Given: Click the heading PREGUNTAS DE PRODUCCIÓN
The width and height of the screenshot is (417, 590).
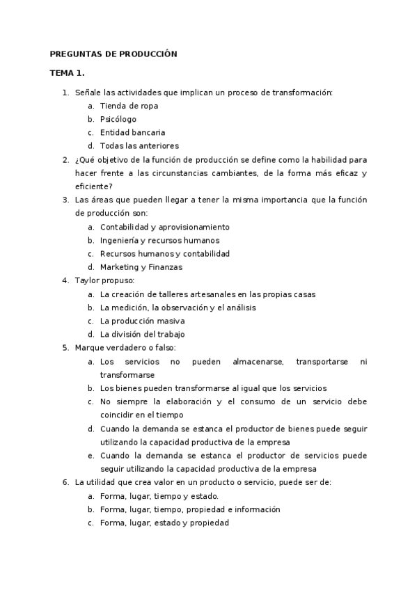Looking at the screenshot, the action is tap(113, 54).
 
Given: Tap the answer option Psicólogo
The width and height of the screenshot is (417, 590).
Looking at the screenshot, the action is tap(118, 119).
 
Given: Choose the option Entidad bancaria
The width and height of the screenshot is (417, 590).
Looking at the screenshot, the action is tap(132, 132).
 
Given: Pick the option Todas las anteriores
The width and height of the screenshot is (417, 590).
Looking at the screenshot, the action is tap(139, 146).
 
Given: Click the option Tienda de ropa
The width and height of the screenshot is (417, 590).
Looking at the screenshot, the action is tap(129, 106).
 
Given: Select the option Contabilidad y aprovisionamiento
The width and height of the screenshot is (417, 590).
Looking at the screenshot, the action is tap(164, 227).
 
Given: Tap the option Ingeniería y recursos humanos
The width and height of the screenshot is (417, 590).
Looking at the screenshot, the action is tap(159, 240).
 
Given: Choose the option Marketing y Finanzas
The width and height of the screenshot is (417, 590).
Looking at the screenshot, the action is tap(141, 267).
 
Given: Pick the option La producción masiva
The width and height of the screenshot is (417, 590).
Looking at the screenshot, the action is tap(143, 321).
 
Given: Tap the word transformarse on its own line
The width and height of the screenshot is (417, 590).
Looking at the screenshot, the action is tap(127, 374).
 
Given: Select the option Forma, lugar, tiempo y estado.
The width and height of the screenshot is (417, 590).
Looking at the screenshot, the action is tap(159, 496).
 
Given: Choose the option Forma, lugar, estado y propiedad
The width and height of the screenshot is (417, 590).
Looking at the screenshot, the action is tap(164, 523).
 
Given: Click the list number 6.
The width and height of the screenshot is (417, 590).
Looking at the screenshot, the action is tap(65, 482).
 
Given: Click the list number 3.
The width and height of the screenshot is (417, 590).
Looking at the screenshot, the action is tap(65, 200).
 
